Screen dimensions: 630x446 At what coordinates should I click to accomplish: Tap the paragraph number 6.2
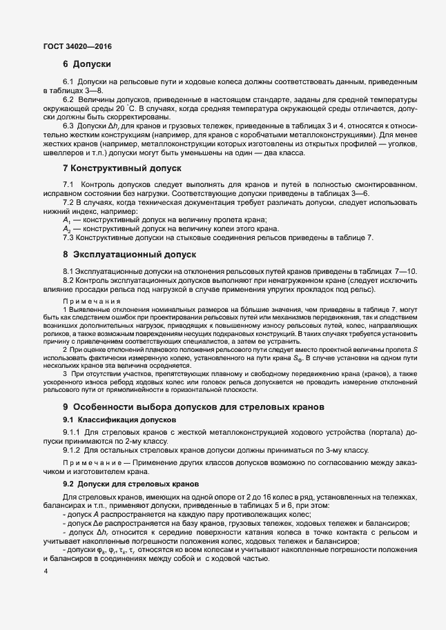(x=68, y=99)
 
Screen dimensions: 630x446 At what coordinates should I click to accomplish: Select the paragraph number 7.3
(x=68, y=237)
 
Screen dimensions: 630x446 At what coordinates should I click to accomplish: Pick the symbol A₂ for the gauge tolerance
(x=67, y=228)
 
